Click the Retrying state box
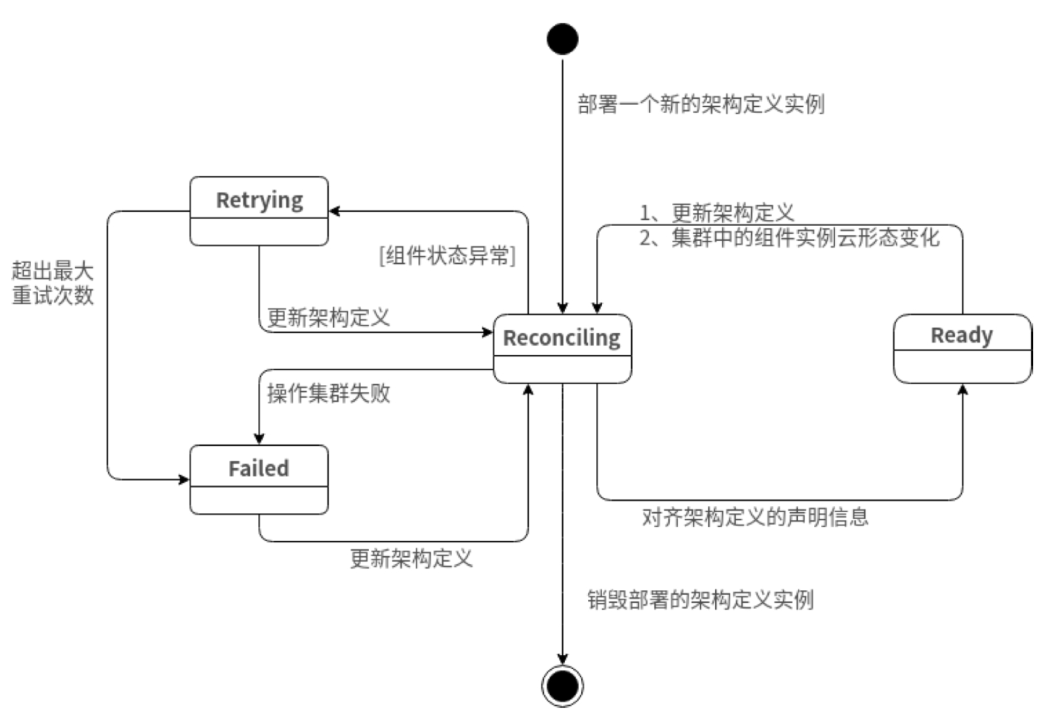(259, 211)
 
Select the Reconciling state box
(562, 348)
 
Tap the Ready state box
(962, 348)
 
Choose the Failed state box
(259, 479)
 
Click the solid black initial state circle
(562, 39)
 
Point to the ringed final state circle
(562, 686)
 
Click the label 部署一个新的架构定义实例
(701, 104)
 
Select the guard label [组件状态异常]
(447, 255)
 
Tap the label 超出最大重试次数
(53, 283)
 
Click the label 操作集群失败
(328, 393)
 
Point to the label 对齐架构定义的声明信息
(755, 518)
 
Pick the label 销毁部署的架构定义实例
(700, 599)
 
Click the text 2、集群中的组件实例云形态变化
(790, 237)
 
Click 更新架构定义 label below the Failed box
(411, 558)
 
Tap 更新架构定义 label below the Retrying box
(328, 317)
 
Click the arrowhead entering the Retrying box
(335, 211)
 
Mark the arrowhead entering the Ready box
(962, 390)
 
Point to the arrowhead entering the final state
(562, 659)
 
